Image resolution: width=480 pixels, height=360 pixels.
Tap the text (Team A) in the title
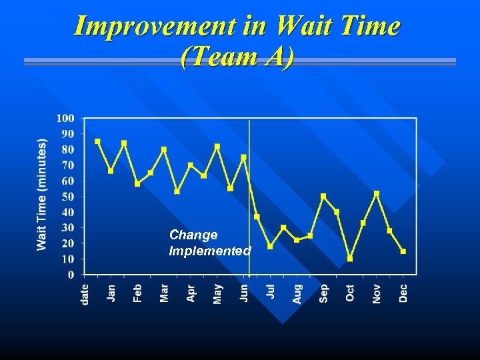237,57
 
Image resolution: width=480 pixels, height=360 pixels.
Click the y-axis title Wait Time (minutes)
42,195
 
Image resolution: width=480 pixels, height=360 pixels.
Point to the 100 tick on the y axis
65,119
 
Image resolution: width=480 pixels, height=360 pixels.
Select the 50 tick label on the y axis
68,197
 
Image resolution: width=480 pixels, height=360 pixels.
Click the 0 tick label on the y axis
71,275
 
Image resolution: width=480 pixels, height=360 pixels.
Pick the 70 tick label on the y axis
68,165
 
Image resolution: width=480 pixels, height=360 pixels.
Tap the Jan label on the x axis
111,293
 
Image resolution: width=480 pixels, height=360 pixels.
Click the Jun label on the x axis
244,293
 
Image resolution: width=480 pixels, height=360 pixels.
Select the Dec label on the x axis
403,293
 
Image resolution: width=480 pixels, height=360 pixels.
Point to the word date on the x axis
85,294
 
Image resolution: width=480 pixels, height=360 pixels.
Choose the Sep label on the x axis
324,293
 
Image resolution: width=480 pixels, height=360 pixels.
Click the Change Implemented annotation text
209,243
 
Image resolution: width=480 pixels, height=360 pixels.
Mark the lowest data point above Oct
350,259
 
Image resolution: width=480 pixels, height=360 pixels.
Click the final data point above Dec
403,251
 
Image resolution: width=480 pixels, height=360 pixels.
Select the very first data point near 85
97,141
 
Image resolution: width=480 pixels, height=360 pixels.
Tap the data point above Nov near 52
377,193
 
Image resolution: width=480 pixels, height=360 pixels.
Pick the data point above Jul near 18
270,246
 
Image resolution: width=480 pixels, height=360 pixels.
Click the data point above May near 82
217,146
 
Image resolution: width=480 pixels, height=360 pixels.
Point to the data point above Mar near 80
164,149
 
